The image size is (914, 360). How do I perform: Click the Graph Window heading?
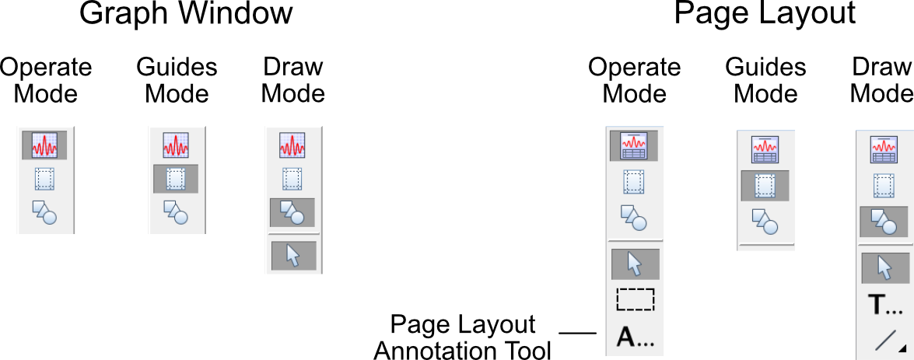pyautogui.click(x=187, y=15)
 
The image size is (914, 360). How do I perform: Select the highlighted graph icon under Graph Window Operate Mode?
pyautogui.click(x=44, y=145)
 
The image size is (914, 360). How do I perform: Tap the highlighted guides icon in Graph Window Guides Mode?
pyautogui.click(x=176, y=179)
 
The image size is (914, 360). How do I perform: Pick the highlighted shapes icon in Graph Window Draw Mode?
pyautogui.click(x=292, y=211)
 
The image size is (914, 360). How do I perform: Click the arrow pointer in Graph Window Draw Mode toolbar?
pyautogui.click(x=292, y=255)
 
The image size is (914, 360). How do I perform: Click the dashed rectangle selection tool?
pyautogui.click(x=635, y=299)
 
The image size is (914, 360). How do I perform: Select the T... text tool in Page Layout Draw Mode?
pyautogui.click(x=885, y=306)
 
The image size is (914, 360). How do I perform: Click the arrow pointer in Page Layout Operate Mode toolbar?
pyautogui.click(x=635, y=264)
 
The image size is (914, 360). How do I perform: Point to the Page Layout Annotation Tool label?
pyautogui.click(x=462, y=337)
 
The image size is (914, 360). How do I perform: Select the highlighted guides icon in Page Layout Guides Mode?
pyautogui.click(x=765, y=186)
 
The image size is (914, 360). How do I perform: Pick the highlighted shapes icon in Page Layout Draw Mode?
pyautogui.click(x=884, y=222)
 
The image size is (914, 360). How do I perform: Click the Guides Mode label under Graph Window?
pyautogui.click(x=177, y=80)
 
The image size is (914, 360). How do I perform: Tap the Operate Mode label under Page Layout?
pyautogui.click(x=634, y=80)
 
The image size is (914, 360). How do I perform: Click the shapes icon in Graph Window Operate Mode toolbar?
pyautogui.click(x=44, y=211)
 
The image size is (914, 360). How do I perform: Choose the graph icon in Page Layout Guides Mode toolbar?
pyautogui.click(x=765, y=149)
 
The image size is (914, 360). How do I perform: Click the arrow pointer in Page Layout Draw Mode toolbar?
pyautogui.click(x=885, y=268)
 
